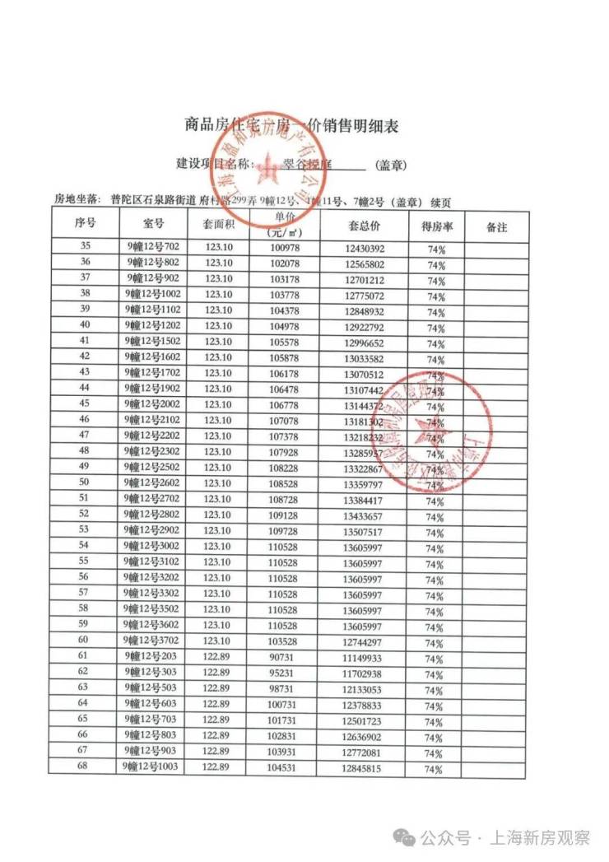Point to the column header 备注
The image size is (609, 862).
click(x=496, y=226)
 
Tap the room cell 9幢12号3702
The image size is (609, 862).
click(x=153, y=640)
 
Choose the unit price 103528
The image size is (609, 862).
click(x=286, y=640)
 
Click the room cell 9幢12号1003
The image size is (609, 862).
click(x=153, y=766)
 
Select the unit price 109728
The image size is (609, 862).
click(x=286, y=530)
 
